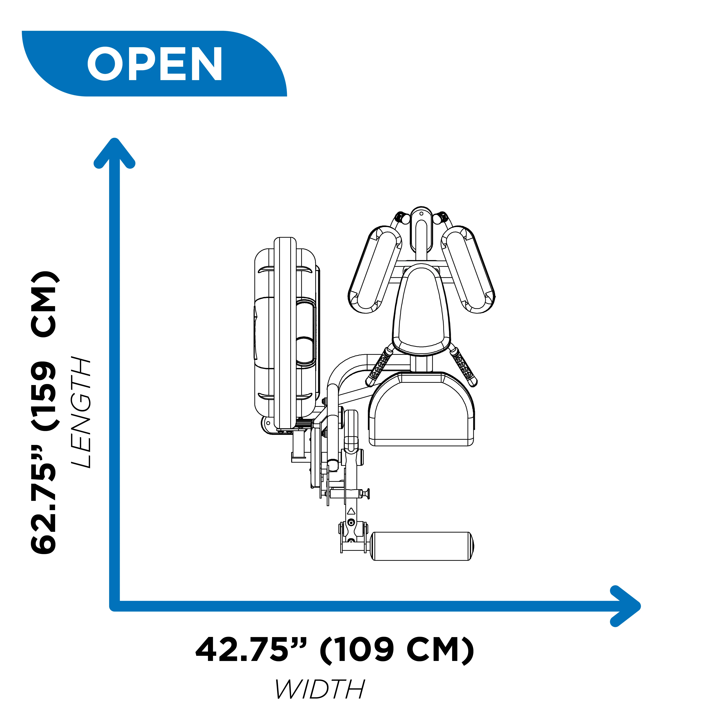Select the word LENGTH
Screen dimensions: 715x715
click(81, 413)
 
